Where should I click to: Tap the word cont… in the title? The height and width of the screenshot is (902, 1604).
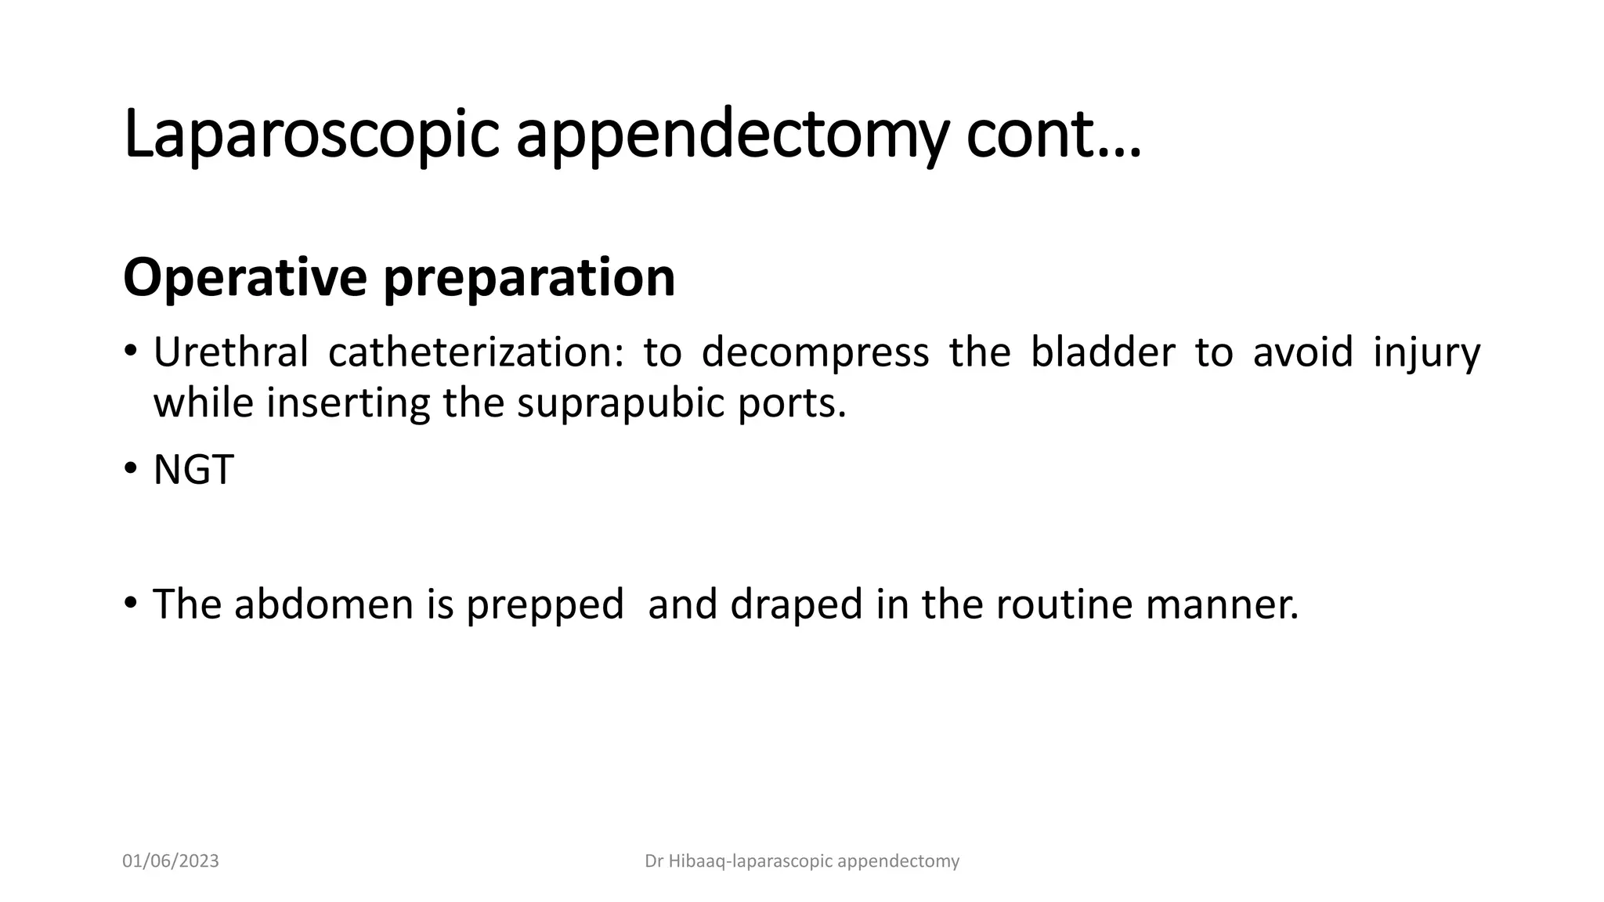1053,135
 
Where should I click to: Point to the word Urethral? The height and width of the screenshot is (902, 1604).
230,352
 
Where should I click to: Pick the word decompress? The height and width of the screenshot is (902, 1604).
815,352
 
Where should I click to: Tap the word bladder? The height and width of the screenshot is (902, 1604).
1102,352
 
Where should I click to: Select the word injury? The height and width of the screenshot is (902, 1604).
1426,353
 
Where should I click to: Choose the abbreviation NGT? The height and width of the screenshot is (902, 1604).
193,471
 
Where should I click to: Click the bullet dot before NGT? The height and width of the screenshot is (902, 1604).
130,470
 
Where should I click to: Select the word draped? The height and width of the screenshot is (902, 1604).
797,604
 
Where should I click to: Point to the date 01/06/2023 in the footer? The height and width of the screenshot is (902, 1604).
171,861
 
